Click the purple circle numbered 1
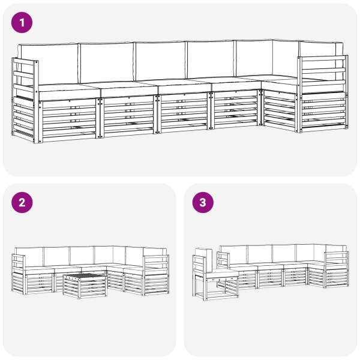pos(22,23)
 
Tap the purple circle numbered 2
pos(22,203)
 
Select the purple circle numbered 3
pos(203,203)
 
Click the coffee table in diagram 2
pos(85,286)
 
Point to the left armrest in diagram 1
pos(25,100)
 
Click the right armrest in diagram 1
pos(323,94)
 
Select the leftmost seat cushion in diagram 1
pos(68,91)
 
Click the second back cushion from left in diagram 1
pos(107,62)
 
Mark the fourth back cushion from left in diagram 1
pos(211,59)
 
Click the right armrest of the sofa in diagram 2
pos(156,275)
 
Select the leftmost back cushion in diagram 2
pos(29,257)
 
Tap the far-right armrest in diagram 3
pos(337,269)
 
